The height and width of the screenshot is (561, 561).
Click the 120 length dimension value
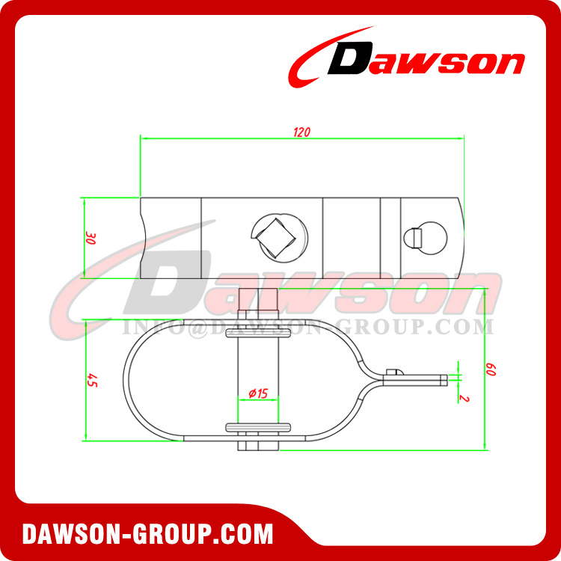[x=301, y=132]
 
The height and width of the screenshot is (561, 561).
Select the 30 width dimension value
[x=91, y=239]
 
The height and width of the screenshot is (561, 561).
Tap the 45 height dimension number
[x=93, y=379]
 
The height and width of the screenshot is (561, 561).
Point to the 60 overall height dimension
[x=491, y=370]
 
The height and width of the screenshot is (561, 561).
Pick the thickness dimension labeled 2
[x=465, y=397]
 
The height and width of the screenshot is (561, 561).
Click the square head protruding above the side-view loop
[x=260, y=300]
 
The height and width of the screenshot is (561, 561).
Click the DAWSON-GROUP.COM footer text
[x=147, y=534]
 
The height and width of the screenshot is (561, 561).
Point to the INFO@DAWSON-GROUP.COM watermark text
[x=307, y=327]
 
